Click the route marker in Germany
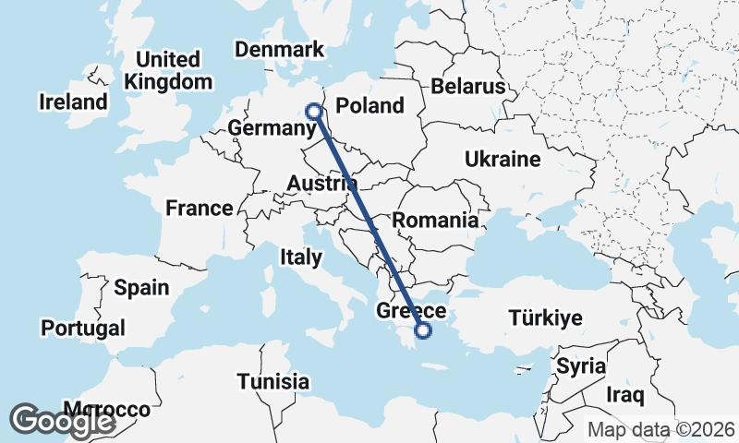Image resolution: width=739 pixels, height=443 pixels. point(314,112)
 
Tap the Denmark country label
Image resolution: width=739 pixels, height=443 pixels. point(279,50)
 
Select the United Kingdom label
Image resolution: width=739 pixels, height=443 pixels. point(168,71)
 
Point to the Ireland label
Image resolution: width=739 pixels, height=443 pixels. point(73,102)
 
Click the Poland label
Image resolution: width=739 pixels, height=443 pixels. point(369,106)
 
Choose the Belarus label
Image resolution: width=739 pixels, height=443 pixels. point(468,87)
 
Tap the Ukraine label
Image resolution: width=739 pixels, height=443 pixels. point(503,160)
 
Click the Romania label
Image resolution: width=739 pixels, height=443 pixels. point(435,221)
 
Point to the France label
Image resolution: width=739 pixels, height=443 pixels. point(199,209)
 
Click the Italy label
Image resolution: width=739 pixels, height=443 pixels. point(300,257)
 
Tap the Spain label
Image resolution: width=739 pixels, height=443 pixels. point(141,288)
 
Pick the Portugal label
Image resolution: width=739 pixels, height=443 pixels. point(83,329)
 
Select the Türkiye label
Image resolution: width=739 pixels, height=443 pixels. point(545,319)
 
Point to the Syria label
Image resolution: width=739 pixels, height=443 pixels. point(581,365)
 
